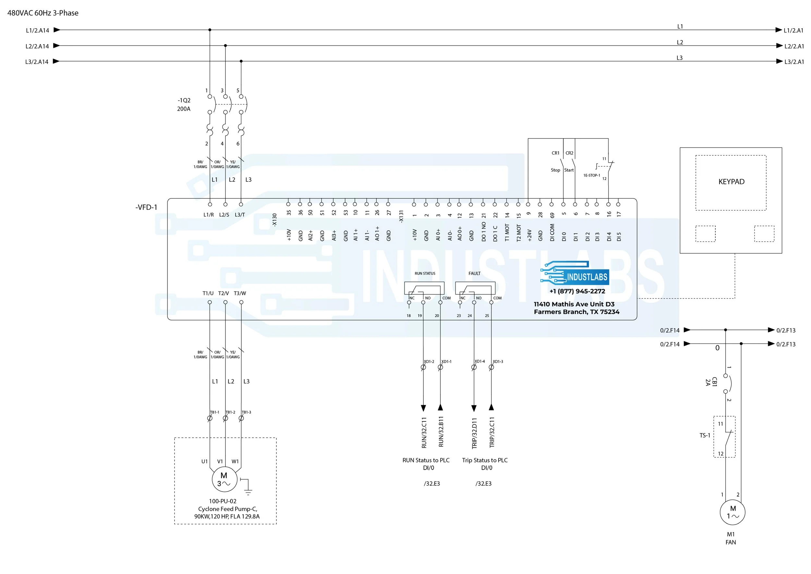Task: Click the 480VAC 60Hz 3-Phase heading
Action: (x=43, y=13)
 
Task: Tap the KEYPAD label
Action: (x=731, y=182)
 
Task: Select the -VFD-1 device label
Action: (x=146, y=207)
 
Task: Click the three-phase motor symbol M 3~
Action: (x=224, y=480)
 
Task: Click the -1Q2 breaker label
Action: (x=184, y=100)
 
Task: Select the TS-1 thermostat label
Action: (x=705, y=435)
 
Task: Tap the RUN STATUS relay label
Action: (x=425, y=274)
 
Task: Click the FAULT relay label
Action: (x=474, y=274)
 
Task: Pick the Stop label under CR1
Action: (x=555, y=170)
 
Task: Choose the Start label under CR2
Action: (x=569, y=170)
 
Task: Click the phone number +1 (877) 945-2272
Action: (x=577, y=291)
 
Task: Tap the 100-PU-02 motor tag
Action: (x=223, y=501)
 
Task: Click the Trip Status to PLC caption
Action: (x=485, y=460)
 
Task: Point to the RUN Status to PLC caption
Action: (x=426, y=460)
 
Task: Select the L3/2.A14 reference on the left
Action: (x=37, y=62)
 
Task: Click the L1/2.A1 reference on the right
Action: (x=793, y=31)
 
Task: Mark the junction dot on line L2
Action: (x=225, y=45)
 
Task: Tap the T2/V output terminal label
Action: (x=223, y=293)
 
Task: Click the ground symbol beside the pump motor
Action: (x=248, y=488)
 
